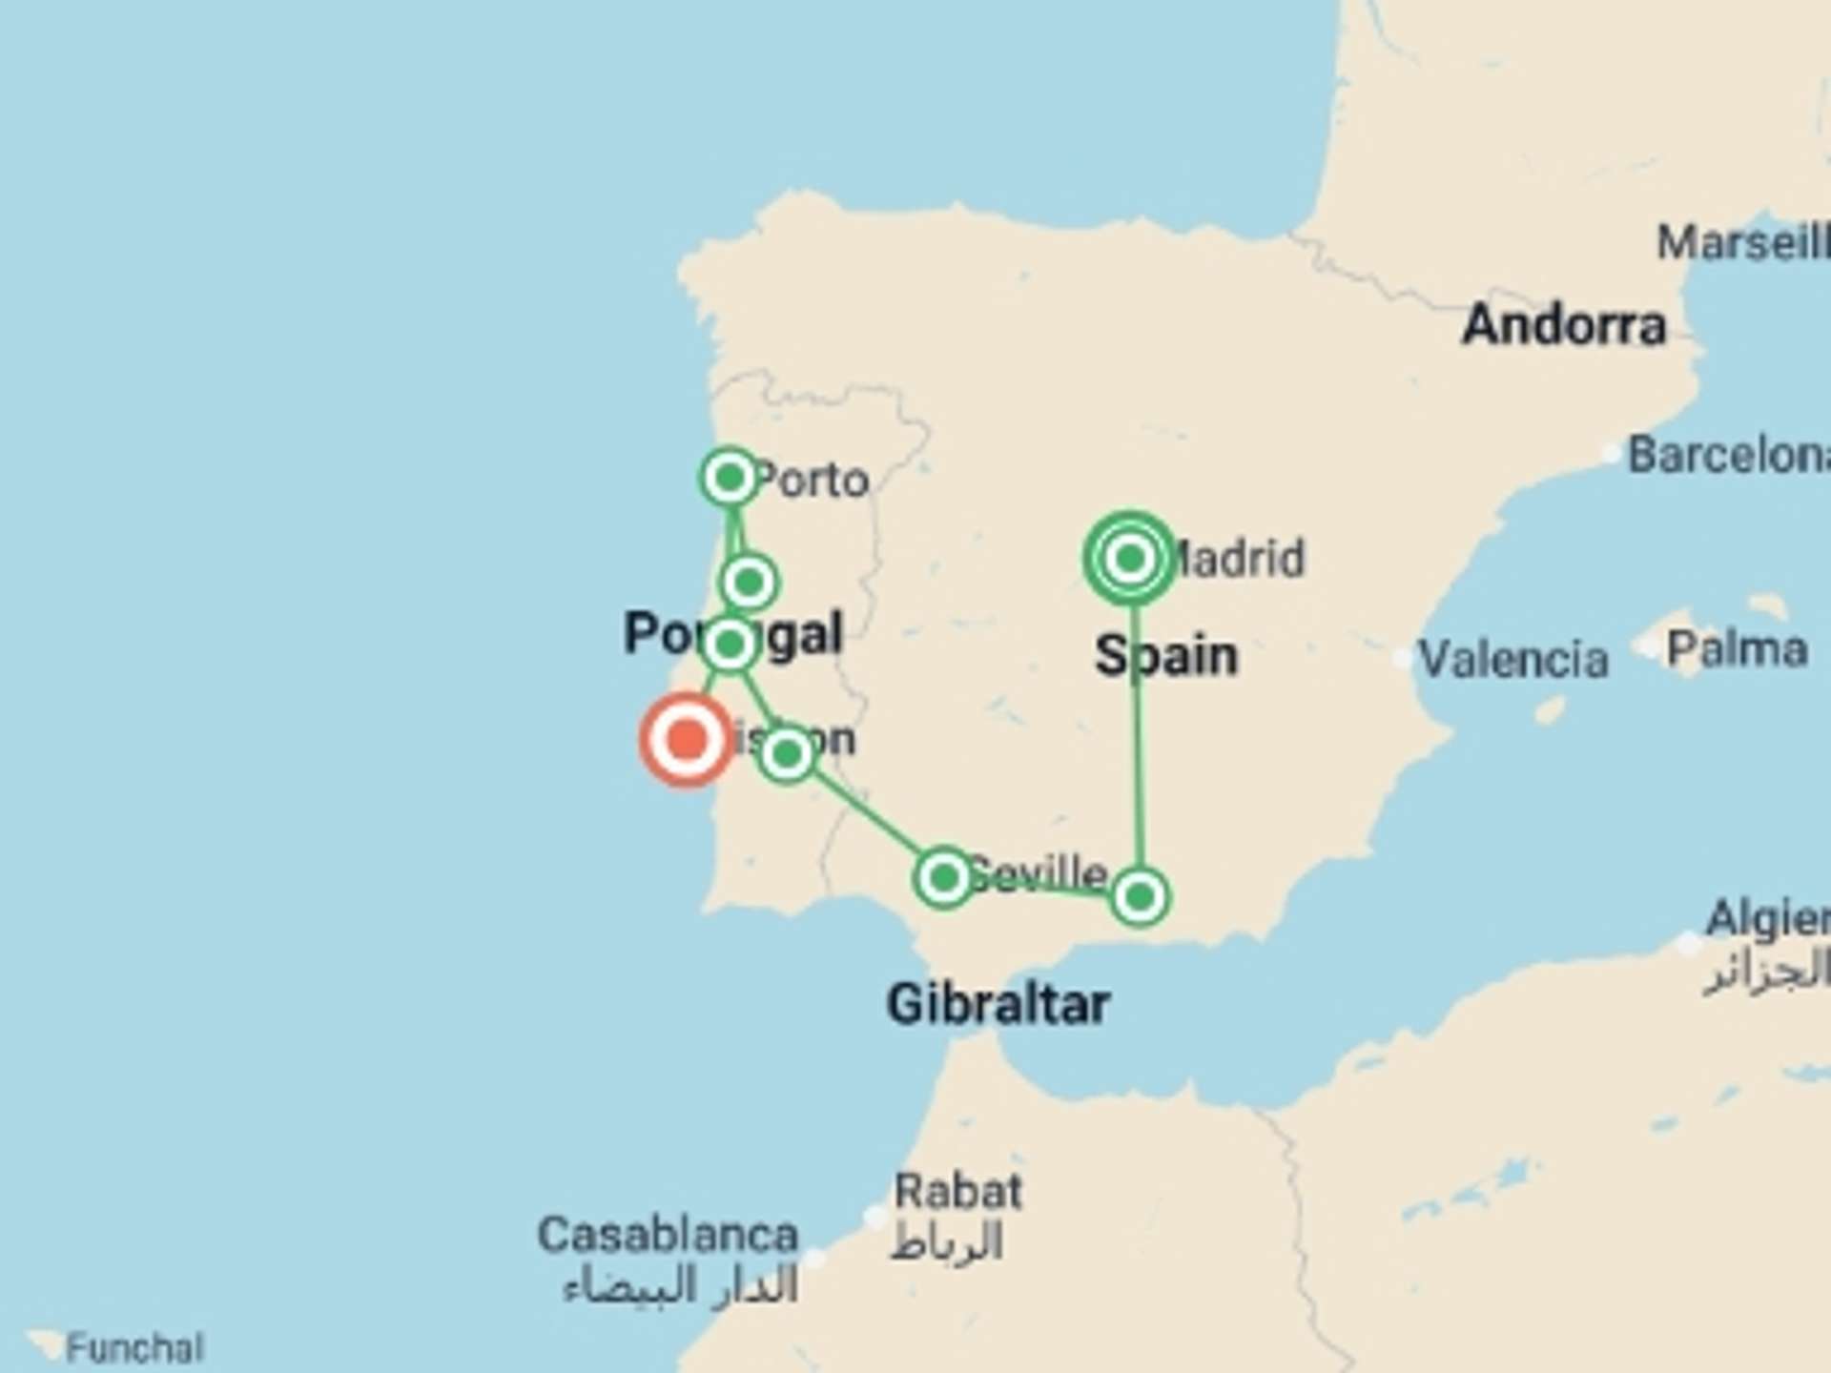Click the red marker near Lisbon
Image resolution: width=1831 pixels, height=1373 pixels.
click(x=687, y=740)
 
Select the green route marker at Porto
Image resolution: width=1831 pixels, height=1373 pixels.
click(x=730, y=477)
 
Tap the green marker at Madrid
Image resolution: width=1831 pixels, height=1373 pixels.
click(x=1130, y=559)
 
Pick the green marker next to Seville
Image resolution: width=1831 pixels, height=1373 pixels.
click(x=943, y=877)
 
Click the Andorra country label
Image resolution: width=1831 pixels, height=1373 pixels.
click(x=1564, y=325)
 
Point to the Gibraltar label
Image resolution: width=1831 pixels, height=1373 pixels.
click(x=998, y=1004)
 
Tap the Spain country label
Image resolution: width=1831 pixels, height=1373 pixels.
click(x=1166, y=656)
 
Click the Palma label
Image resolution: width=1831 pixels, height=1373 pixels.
click(x=1737, y=650)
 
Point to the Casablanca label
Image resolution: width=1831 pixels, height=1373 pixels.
click(x=668, y=1235)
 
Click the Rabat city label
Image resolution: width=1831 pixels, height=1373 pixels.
click(x=957, y=1192)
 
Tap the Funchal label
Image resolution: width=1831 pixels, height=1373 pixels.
click(x=134, y=1348)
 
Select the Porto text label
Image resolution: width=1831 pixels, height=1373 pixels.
click(x=813, y=480)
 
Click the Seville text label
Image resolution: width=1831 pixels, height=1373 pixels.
click(x=1039, y=872)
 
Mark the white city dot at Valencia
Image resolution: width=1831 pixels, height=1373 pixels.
click(x=1402, y=658)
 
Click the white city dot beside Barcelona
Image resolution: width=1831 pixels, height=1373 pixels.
click(x=1612, y=454)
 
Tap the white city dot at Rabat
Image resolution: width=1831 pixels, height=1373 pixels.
click(x=874, y=1218)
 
